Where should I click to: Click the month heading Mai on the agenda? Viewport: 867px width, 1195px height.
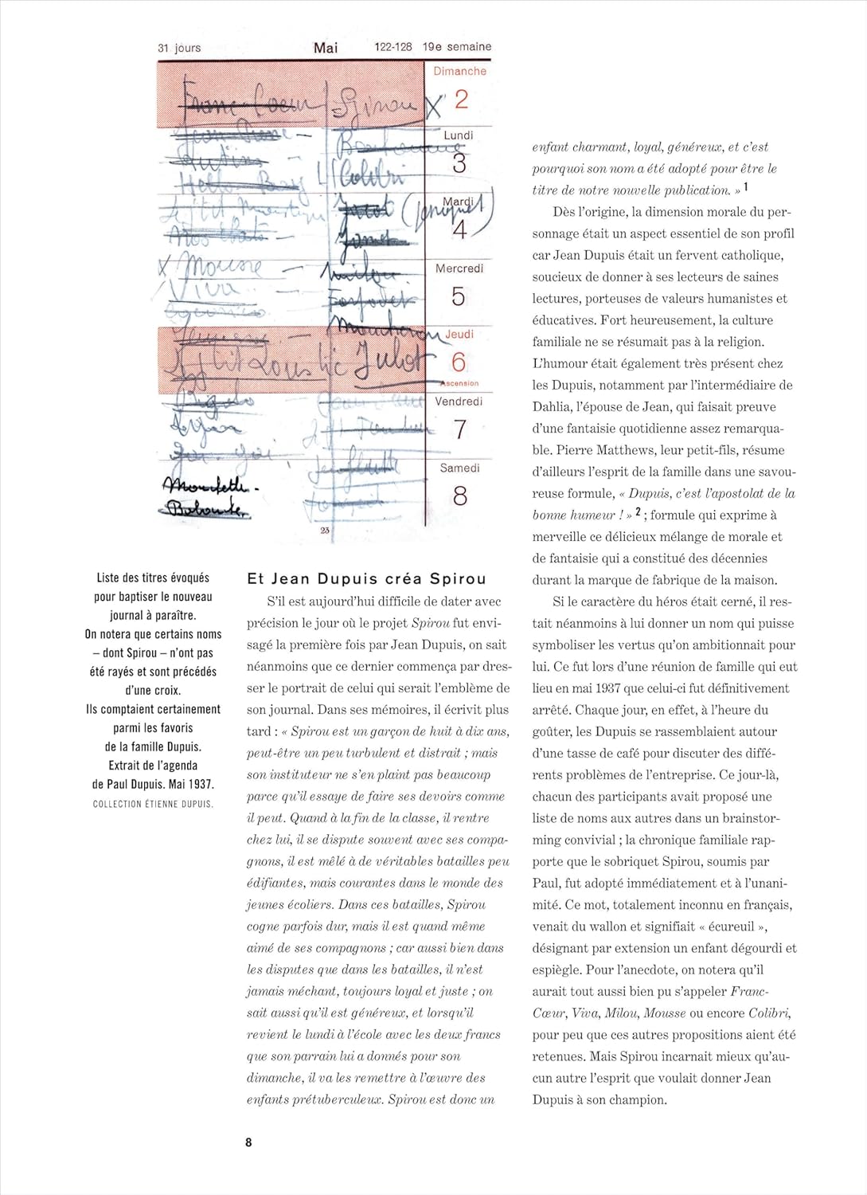click(x=326, y=48)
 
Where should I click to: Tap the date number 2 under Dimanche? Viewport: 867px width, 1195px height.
click(x=461, y=100)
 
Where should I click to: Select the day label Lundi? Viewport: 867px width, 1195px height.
click(x=459, y=135)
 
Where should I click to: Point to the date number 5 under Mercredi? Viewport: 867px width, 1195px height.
click(x=459, y=296)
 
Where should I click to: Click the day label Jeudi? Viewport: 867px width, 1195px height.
click(x=459, y=334)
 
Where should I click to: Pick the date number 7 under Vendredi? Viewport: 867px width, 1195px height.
click(x=460, y=429)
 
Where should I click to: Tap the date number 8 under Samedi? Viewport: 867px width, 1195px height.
click(x=460, y=496)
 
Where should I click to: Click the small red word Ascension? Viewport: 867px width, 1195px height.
click(x=459, y=383)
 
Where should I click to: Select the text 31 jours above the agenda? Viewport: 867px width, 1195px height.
click(x=179, y=48)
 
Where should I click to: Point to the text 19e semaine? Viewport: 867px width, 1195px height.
click(x=457, y=47)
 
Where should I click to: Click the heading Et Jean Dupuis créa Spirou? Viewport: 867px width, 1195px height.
click(x=366, y=579)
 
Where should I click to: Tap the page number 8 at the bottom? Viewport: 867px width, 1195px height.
click(x=248, y=1142)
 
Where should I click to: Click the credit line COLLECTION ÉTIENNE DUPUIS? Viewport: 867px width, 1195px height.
click(x=153, y=804)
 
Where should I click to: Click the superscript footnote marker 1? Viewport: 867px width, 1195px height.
click(x=746, y=187)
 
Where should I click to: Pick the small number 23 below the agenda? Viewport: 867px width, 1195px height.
click(x=325, y=530)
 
